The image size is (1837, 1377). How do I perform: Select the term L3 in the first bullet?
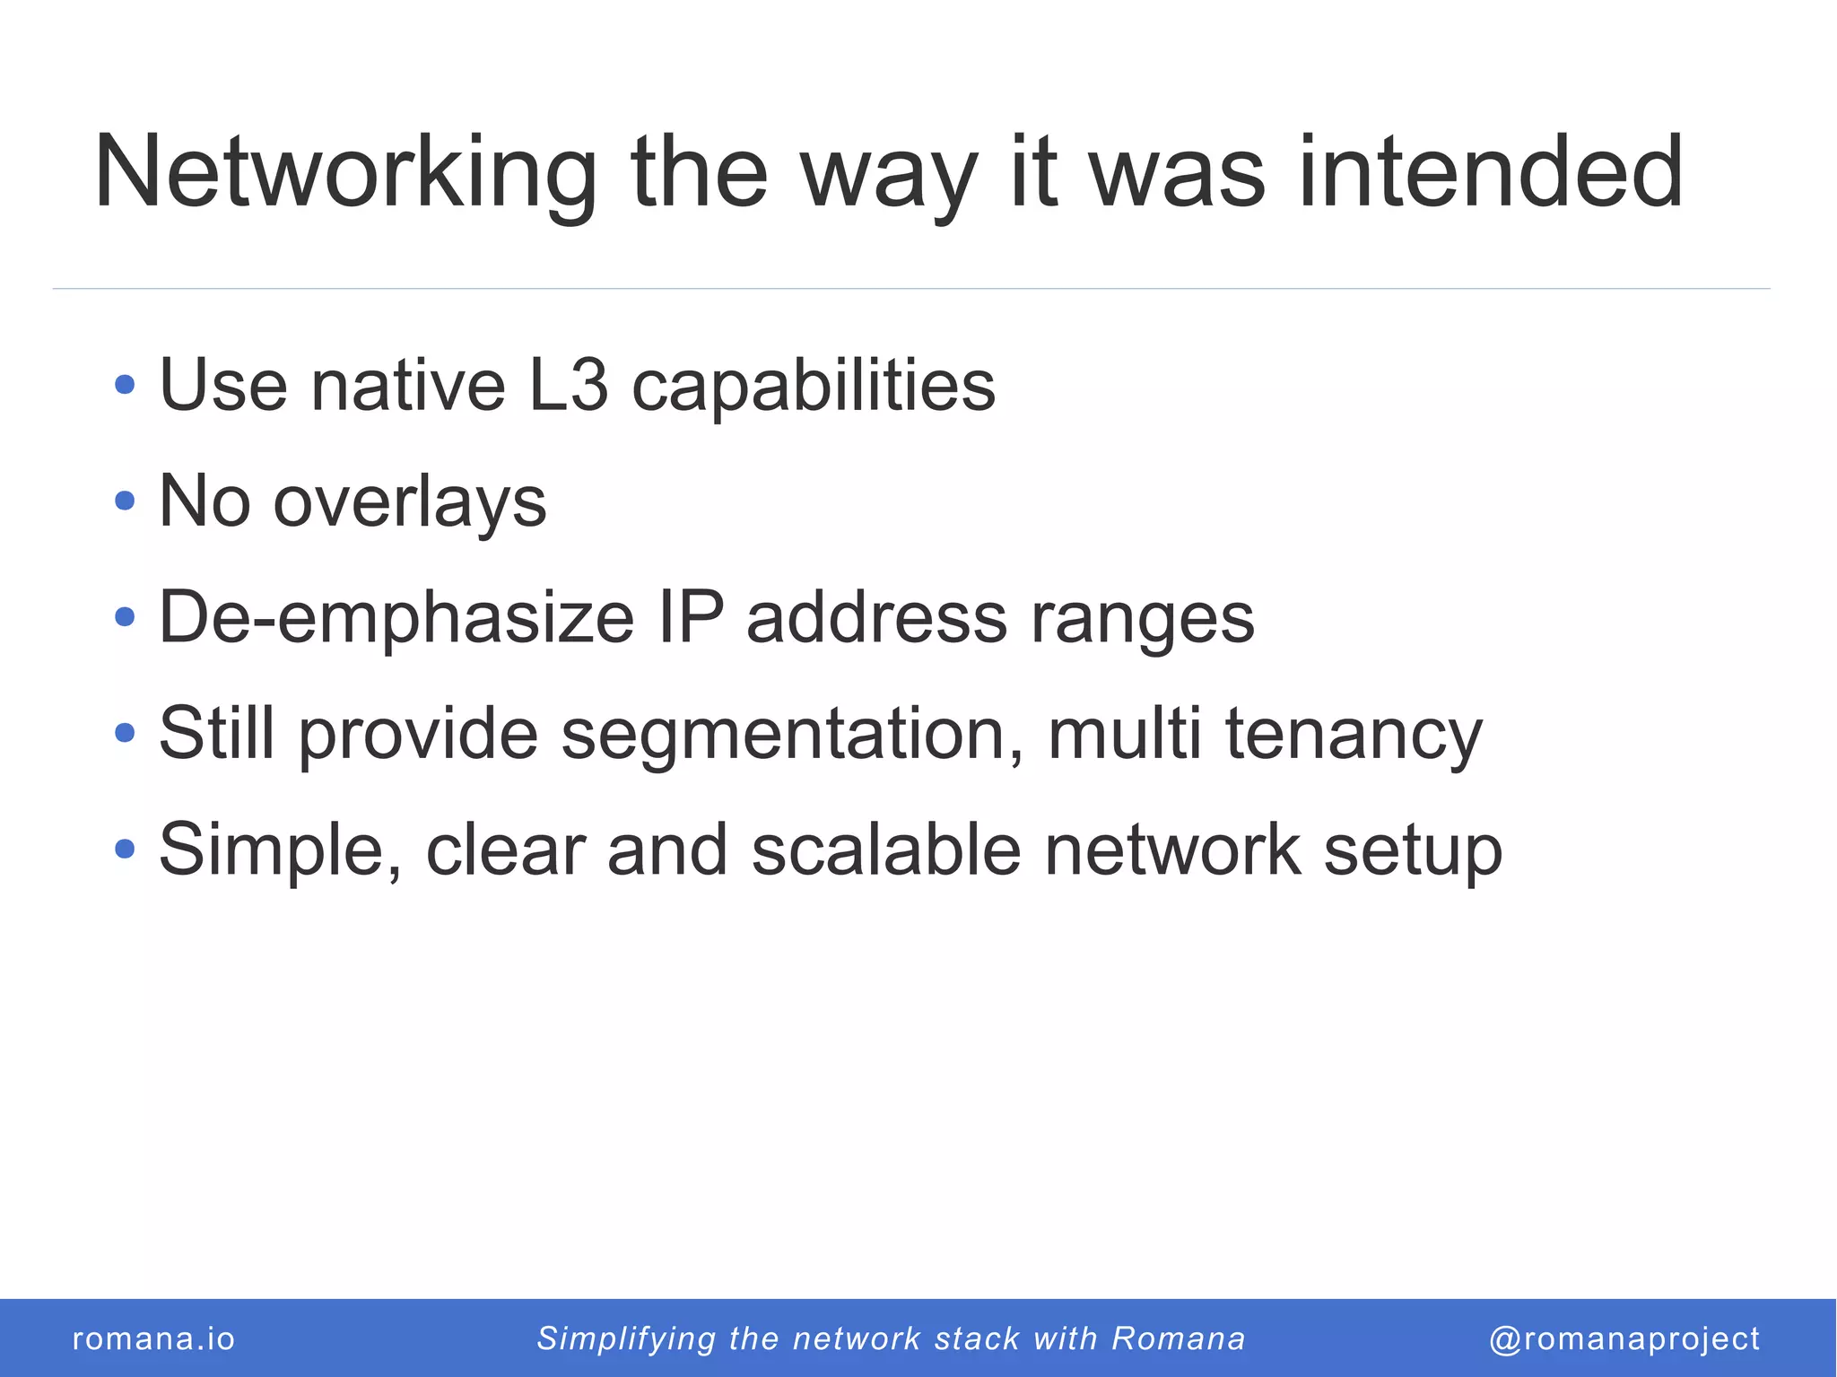coord(569,386)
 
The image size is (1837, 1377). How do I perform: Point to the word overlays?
coord(409,502)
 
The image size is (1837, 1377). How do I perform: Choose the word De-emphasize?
coord(396,618)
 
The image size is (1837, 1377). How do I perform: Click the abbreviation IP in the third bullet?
coord(690,618)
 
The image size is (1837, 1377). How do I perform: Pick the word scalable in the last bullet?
coord(885,850)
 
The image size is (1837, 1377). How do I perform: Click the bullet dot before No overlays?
coord(126,501)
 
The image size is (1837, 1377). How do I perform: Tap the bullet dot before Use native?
coord(126,386)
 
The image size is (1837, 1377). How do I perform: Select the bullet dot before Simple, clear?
coord(126,849)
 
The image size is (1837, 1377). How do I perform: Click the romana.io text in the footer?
coord(153,1338)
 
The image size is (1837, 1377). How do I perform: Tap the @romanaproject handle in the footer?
coord(1624,1338)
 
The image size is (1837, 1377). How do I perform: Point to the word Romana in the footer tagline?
coord(1179,1338)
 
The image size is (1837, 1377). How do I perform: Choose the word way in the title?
coord(887,175)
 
